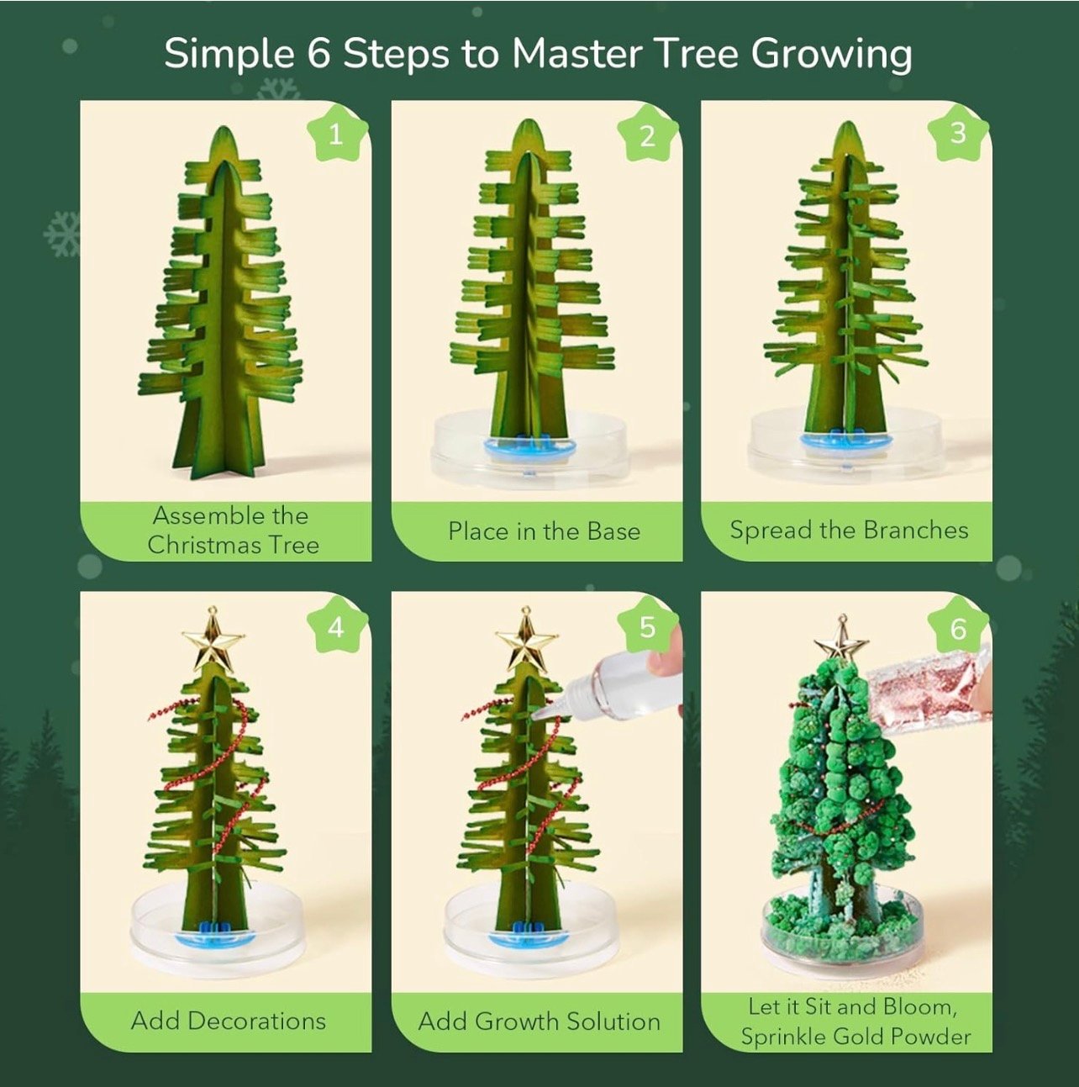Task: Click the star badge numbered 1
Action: coord(337,135)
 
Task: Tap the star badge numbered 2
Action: coord(648,135)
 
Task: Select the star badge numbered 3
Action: coord(958,134)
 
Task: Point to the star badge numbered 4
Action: coord(337,626)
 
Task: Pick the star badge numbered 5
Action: coord(648,626)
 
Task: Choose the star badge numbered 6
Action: coord(958,627)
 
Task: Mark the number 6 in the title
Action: coord(319,55)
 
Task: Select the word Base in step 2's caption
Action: coord(613,530)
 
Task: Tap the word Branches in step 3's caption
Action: coord(916,530)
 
